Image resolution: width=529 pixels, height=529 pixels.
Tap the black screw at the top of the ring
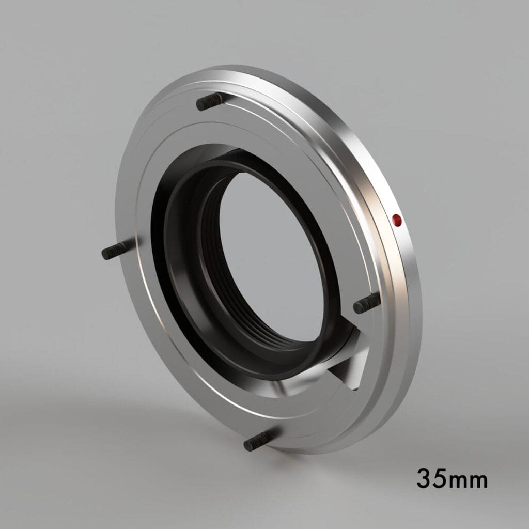pos(210,101)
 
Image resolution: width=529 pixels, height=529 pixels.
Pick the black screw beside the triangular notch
pos(367,304)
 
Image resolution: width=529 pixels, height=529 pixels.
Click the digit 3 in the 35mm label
pos(426,478)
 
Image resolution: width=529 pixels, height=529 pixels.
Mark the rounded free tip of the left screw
pos(105,254)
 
